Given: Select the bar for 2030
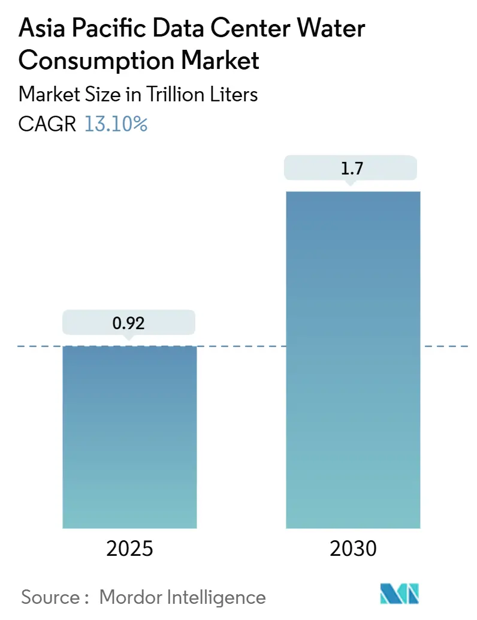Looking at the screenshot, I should click(x=353, y=360).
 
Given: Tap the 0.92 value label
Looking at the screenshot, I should click(x=129, y=323).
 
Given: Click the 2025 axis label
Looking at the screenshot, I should click(x=129, y=548).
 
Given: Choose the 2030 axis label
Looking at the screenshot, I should click(x=353, y=548).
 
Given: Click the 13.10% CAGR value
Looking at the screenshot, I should click(x=116, y=124).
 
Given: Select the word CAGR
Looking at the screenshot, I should click(x=47, y=124).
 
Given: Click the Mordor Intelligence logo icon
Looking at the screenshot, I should click(x=400, y=594).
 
